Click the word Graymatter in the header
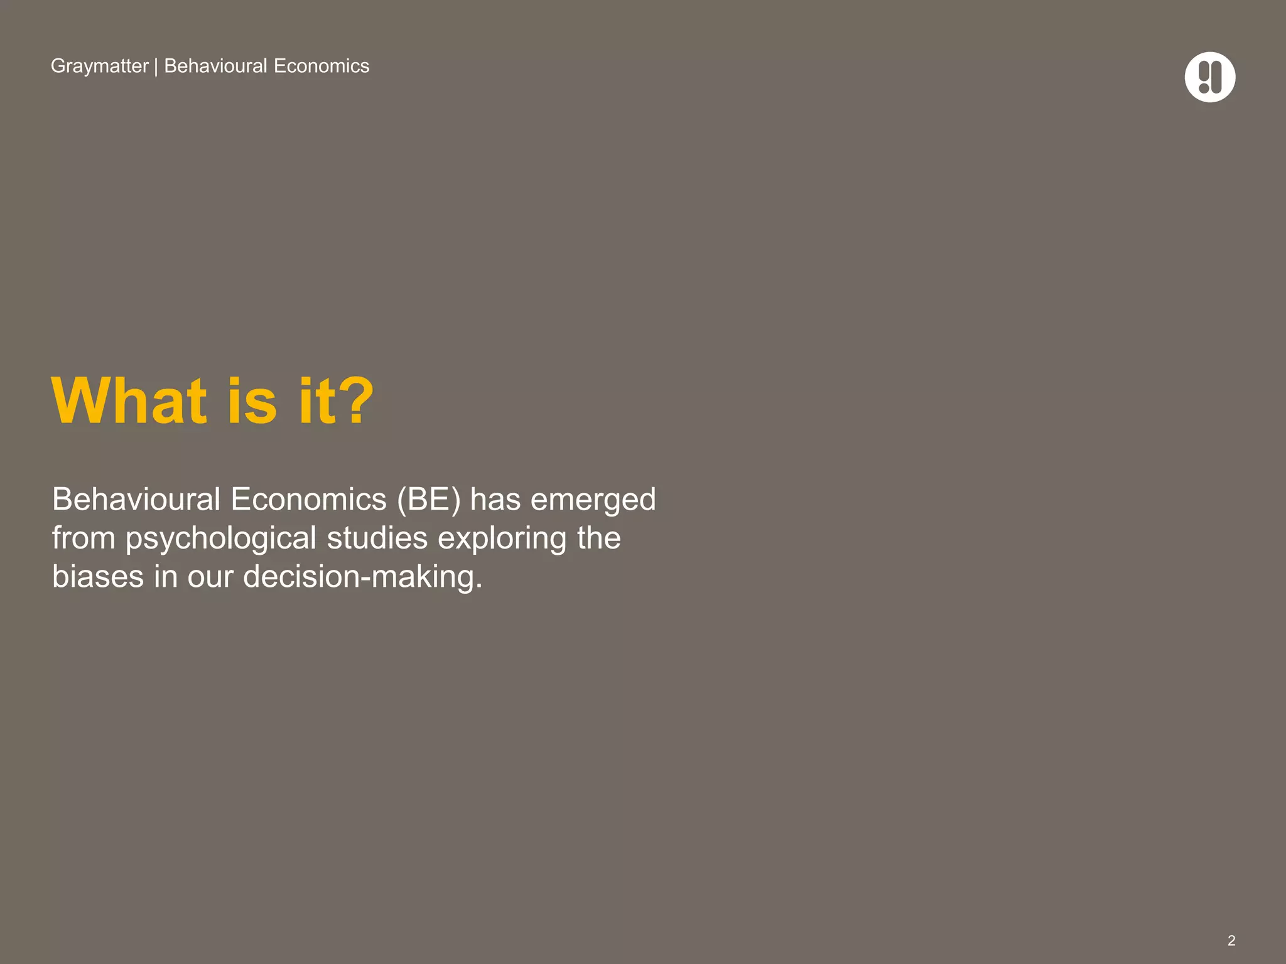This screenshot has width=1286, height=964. click(x=99, y=66)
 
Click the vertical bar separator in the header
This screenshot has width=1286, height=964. click(x=156, y=67)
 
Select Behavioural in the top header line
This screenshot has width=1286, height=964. click(x=215, y=66)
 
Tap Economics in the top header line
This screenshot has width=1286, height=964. click(x=321, y=66)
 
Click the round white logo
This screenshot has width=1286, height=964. click(x=1209, y=77)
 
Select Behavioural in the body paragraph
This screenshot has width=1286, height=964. click(x=136, y=500)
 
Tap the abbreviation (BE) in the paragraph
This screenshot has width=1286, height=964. click(x=429, y=500)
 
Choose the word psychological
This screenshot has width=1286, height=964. click(x=220, y=538)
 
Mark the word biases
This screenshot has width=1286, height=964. click(x=97, y=576)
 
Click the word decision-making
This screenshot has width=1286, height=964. click(x=362, y=577)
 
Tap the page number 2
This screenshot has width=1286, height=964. click(x=1231, y=940)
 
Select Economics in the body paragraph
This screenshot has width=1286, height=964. click(x=308, y=500)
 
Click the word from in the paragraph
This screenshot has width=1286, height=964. click(x=84, y=538)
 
